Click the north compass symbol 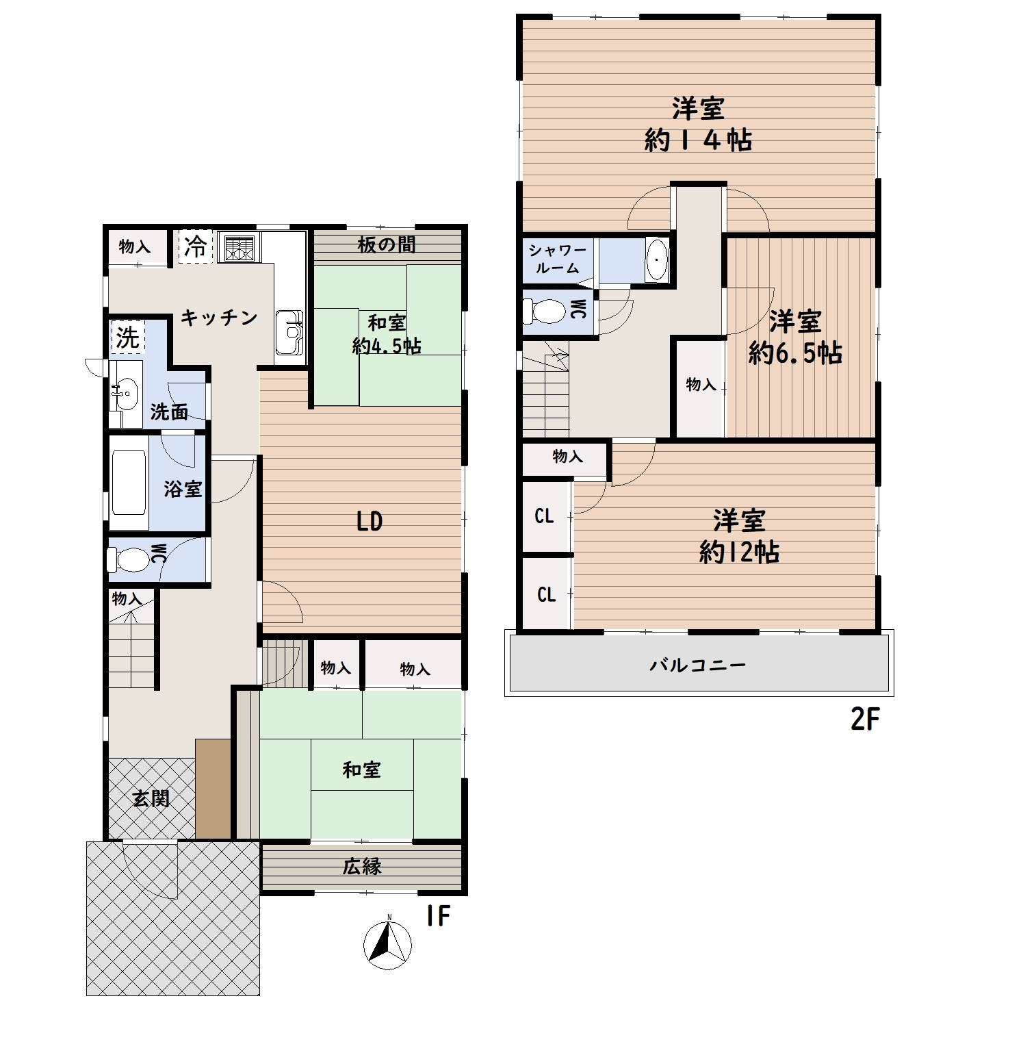(x=387, y=945)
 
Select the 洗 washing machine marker (x=127, y=338)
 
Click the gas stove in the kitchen (x=239, y=249)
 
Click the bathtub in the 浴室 (x=129, y=482)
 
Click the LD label (x=370, y=522)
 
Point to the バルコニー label (x=698, y=665)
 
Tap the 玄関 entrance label (x=151, y=798)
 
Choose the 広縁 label (x=362, y=867)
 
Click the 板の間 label (x=387, y=244)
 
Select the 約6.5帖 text (x=795, y=353)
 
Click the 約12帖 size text (x=739, y=552)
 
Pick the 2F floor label (x=864, y=720)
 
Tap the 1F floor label (x=438, y=916)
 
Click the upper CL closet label (x=545, y=516)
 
